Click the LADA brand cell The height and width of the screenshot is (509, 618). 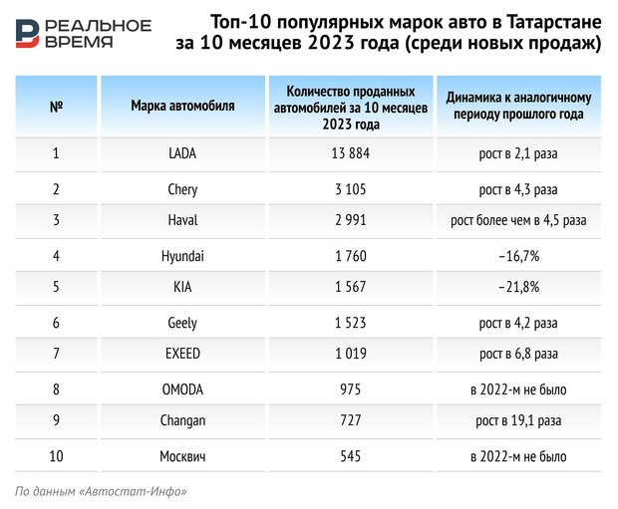tap(182, 153)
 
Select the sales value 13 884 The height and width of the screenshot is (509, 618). tap(351, 153)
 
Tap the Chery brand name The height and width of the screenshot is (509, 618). tap(182, 188)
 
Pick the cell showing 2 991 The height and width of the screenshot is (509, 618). tap(351, 221)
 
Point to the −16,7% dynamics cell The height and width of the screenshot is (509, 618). tap(518, 256)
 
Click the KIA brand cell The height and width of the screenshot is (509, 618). tap(182, 289)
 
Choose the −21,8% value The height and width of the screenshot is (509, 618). tap(518, 289)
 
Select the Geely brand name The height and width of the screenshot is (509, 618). tap(182, 323)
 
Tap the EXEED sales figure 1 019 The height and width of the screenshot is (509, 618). tap(351, 355)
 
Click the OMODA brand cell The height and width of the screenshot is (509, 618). tap(182, 389)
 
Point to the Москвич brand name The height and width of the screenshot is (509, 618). tap(182, 456)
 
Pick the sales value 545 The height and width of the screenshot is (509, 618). tap(351, 456)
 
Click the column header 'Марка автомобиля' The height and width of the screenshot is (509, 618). tap(182, 105)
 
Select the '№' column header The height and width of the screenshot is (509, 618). tap(56, 105)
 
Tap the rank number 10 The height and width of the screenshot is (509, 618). tap(56, 456)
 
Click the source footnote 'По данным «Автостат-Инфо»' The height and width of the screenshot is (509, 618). tap(101, 491)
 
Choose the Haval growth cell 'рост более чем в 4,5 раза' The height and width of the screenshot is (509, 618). tap(518, 221)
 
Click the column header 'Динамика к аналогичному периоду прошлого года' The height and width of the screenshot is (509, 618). tap(518, 106)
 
